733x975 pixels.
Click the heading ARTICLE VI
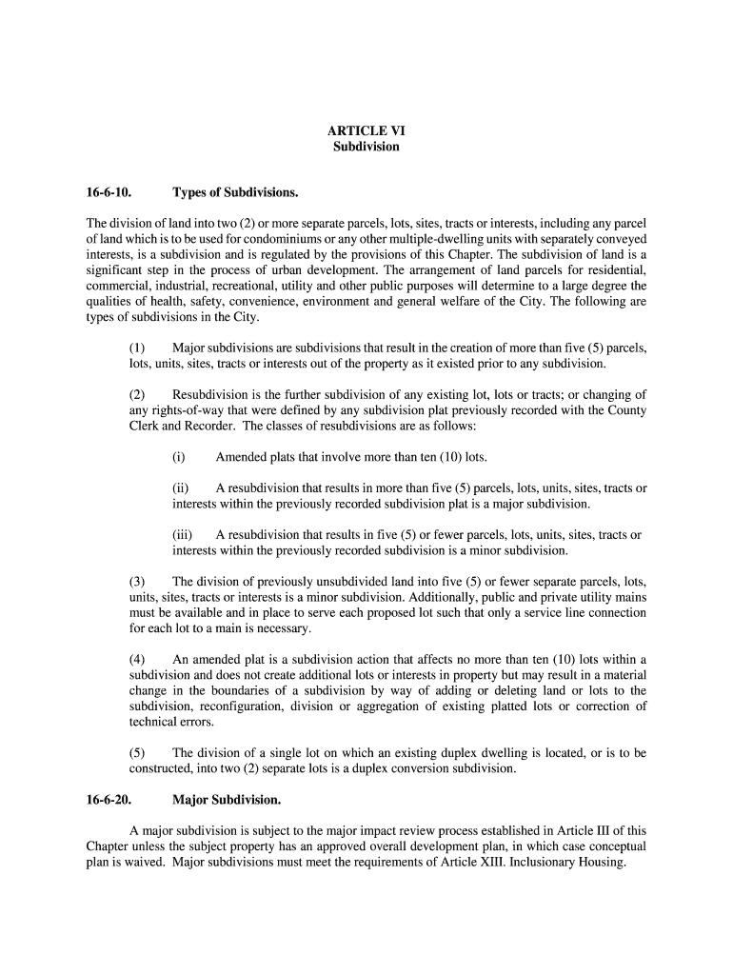coord(366,130)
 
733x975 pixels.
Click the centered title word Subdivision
coord(366,148)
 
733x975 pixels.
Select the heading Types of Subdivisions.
coord(235,193)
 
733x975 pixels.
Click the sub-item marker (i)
coord(178,457)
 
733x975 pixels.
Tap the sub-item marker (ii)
coord(180,488)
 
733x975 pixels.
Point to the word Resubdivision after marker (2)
coord(211,395)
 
